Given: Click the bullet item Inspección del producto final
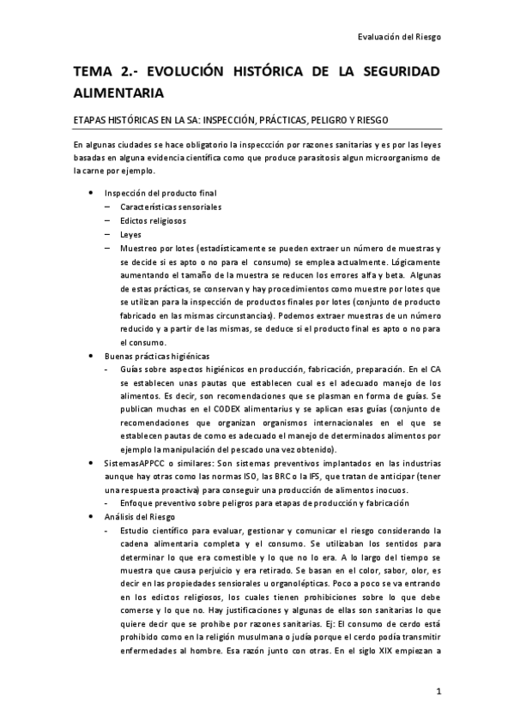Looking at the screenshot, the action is pos(154,193).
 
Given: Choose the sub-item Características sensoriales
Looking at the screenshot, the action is pos(171,207).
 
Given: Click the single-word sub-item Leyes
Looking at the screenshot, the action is pos(133,234).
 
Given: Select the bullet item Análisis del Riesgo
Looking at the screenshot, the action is pos(140,517).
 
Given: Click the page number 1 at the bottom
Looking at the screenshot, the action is pos(438,691).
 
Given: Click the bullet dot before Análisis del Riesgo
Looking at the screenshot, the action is pos(92,517).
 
